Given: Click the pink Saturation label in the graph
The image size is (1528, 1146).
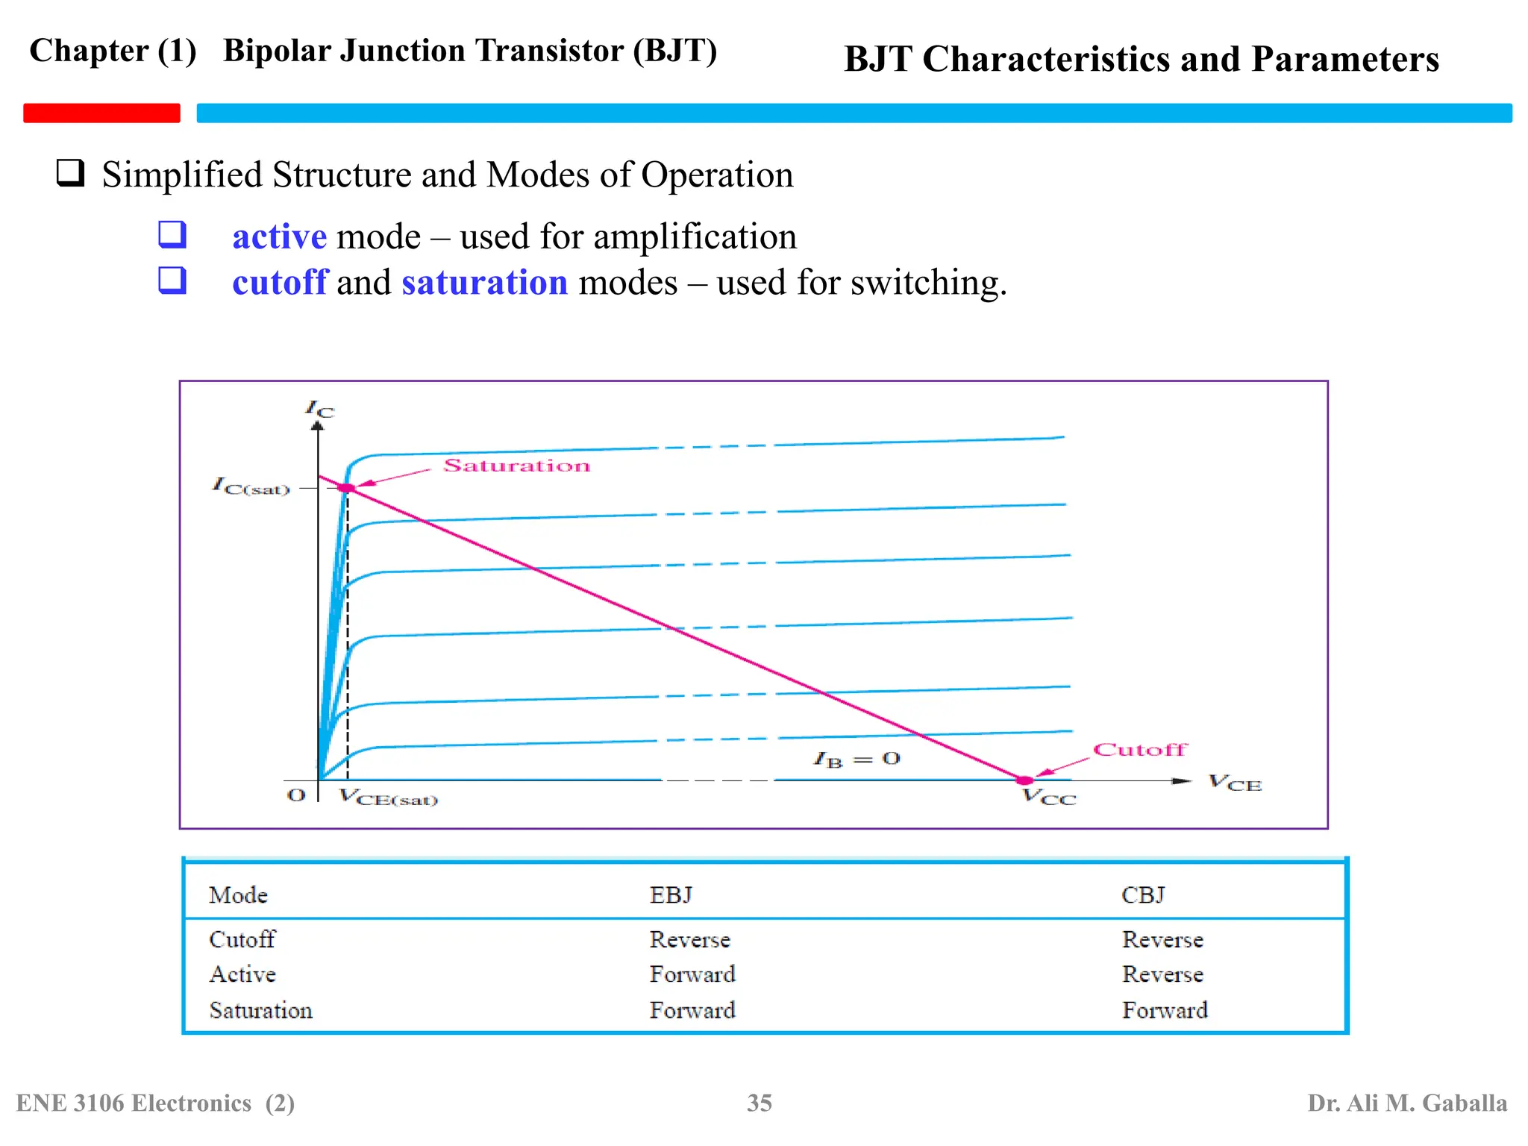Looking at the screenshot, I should (516, 466).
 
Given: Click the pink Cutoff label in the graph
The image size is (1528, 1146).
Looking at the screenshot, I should (1139, 749).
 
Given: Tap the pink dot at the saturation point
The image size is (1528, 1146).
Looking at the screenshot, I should (347, 488).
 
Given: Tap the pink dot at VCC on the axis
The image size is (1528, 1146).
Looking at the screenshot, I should (1024, 780).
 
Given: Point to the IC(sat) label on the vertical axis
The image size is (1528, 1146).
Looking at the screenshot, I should (251, 486).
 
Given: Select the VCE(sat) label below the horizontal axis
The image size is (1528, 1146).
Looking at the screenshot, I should (388, 798).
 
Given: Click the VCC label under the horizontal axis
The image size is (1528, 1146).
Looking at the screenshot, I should (1049, 798).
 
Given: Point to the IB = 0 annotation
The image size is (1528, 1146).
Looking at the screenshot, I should (857, 760).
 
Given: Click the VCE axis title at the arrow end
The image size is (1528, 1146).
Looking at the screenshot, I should (1235, 783).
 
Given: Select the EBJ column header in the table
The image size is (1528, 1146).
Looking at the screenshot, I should (671, 895).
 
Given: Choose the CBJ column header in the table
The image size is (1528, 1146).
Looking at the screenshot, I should (1142, 895).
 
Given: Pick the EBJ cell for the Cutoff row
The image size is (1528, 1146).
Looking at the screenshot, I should (689, 939).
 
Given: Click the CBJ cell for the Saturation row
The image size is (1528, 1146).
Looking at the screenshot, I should (1165, 1010).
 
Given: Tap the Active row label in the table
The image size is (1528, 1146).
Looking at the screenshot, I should (242, 974).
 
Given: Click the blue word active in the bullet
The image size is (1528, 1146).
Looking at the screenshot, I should (279, 237).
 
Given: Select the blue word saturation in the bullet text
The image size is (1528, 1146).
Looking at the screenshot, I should (485, 283).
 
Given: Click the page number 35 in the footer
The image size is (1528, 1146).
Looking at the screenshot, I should (760, 1103).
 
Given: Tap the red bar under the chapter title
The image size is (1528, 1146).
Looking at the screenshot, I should (101, 113).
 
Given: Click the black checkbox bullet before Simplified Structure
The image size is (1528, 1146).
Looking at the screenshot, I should (70, 173).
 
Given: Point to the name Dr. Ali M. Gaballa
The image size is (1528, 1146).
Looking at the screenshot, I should (1407, 1103).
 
